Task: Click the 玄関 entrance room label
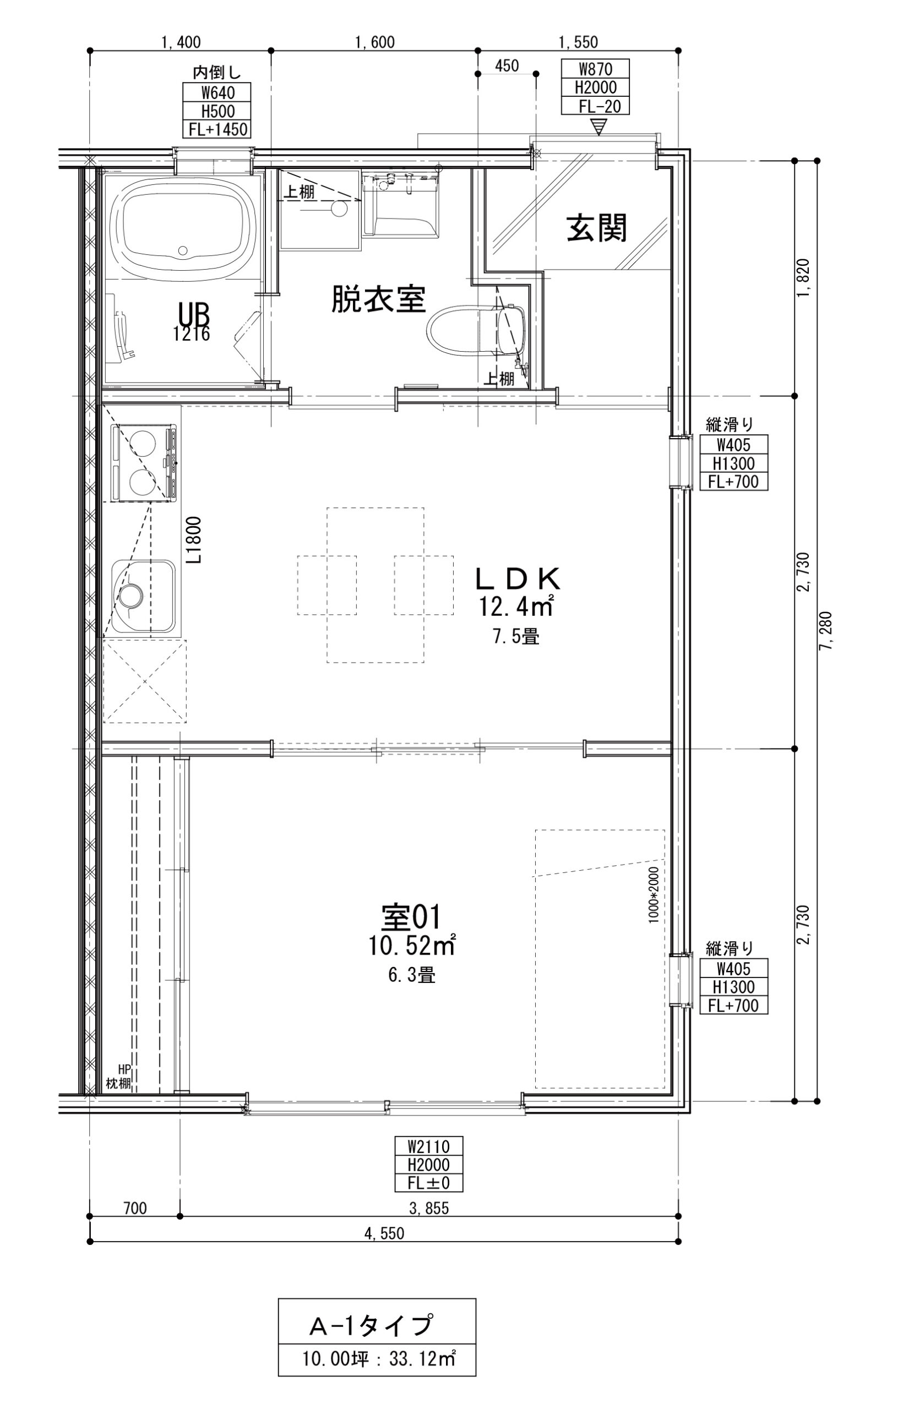click(x=596, y=228)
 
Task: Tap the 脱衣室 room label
click(x=378, y=298)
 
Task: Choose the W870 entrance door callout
click(x=595, y=69)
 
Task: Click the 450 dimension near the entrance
click(x=507, y=65)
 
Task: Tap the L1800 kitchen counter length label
click(x=195, y=539)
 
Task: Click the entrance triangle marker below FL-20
click(x=598, y=127)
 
